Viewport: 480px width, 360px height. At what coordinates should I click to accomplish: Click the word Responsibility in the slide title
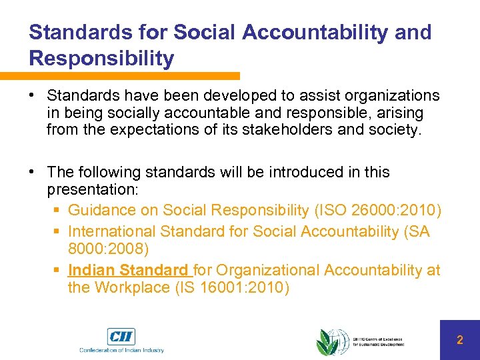click(101, 58)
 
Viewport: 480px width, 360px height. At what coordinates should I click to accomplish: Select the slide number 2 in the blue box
click(459, 340)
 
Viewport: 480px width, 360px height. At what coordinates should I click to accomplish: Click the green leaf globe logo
click(331, 342)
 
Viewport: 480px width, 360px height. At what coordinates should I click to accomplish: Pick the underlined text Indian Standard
click(128, 270)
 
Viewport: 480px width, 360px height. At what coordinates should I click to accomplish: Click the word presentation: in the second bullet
click(92, 190)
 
